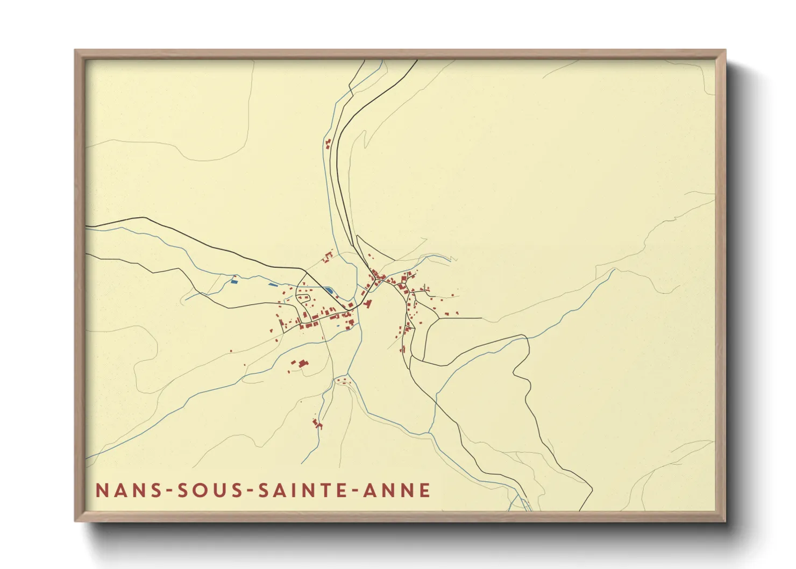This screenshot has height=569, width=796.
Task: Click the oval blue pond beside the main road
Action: tap(328, 290)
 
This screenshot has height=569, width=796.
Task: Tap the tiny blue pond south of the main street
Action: tap(337, 325)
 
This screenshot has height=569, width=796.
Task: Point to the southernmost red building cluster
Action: tap(317, 423)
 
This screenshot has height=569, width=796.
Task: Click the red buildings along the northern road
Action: tap(328, 144)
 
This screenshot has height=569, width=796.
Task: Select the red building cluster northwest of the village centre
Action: tap(327, 258)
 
